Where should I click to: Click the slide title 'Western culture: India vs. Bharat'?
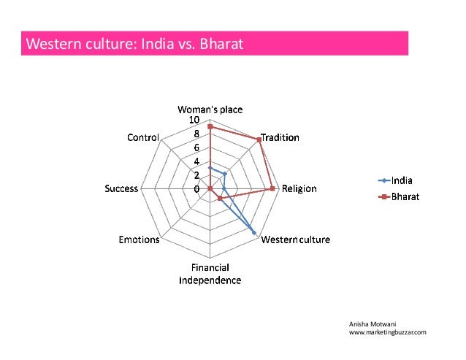133,45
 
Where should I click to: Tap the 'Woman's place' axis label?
210,110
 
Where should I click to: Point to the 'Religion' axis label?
299,188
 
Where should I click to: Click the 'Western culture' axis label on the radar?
296,240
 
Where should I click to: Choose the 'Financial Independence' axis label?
210,274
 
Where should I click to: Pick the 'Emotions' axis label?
139,240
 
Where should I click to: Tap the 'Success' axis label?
121,188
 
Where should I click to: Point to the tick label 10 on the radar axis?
194,120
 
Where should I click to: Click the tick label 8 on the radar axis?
196,134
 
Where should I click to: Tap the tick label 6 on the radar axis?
196,148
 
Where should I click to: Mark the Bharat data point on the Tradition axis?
259,139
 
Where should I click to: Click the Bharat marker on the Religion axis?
272,188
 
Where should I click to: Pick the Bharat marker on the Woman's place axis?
210,127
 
